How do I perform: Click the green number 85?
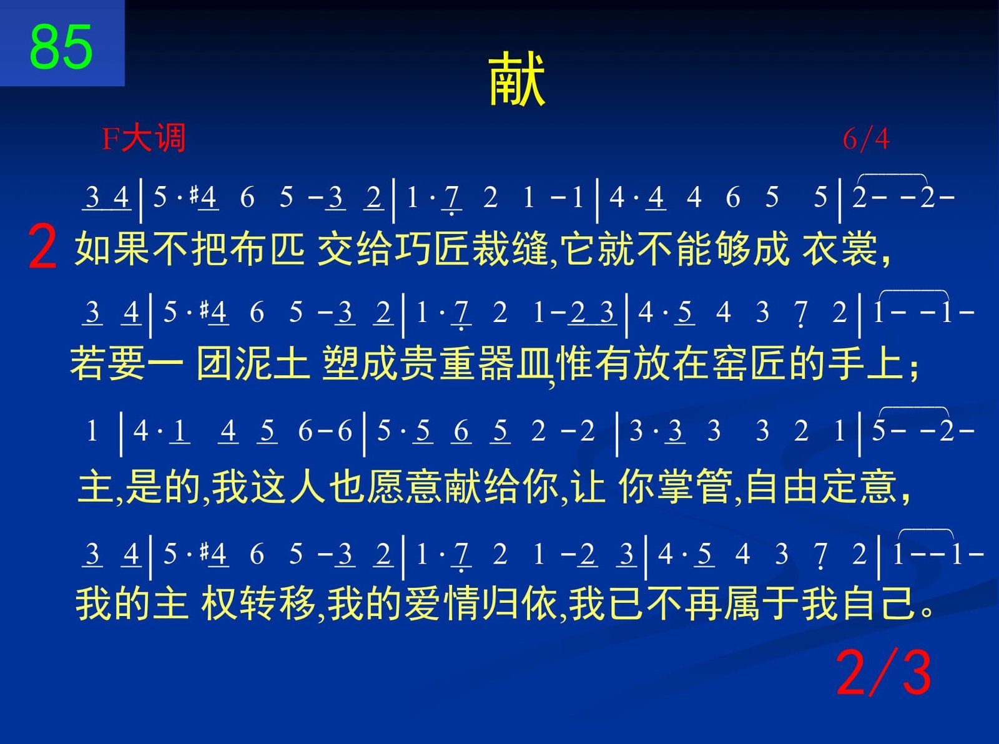pyautogui.click(x=61, y=47)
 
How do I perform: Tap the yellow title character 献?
pyautogui.click(x=516, y=79)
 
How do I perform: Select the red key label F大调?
pyautogui.click(x=143, y=139)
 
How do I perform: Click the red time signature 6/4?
pyautogui.click(x=866, y=139)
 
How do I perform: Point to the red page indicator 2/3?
pyautogui.click(x=883, y=673)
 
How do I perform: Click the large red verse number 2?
pyautogui.click(x=42, y=248)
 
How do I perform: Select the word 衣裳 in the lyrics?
pyautogui.click(x=840, y=248)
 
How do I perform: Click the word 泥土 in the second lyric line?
pyautogui.click(x=272, y=364)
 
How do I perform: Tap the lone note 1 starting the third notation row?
pyautogui.click(x=92, y=431)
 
